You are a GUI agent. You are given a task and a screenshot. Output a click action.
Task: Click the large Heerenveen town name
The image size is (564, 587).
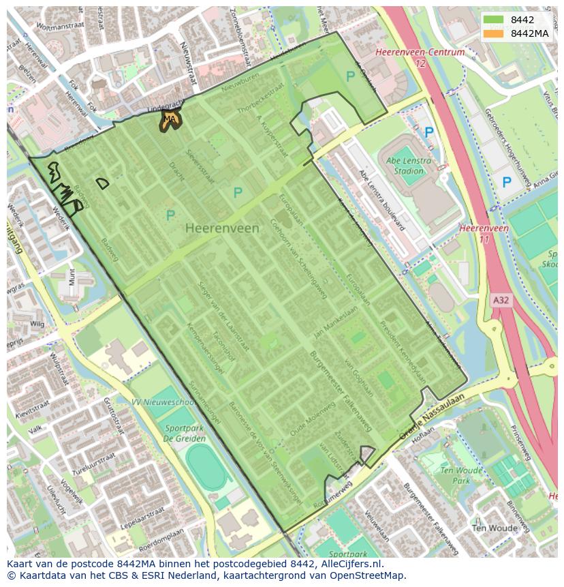222,228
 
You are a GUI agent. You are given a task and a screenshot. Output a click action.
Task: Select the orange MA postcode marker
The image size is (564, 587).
170,120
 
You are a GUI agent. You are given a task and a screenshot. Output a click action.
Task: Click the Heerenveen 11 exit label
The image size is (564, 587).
484,234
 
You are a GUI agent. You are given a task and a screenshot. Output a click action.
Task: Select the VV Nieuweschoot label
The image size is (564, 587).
163,403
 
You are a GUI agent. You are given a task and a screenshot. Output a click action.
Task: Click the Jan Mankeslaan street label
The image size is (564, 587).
335,322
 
